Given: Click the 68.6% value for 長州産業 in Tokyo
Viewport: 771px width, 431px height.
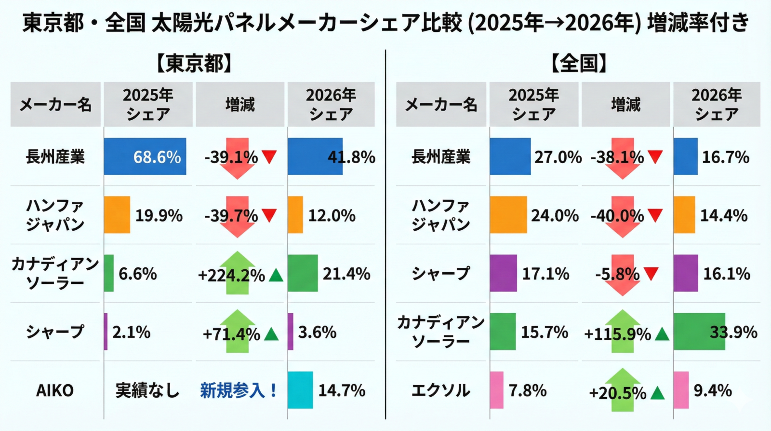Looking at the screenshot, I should tap(157, 157).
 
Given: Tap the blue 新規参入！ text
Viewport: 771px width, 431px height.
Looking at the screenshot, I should tap(239, 390).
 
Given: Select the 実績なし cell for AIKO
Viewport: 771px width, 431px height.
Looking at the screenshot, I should tap(147, 390).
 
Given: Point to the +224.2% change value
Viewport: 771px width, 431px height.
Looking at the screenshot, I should tap(232, 275).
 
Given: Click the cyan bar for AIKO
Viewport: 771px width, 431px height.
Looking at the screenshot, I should tap(300, 390).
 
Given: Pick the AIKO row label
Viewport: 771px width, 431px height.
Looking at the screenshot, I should tap(55, 390).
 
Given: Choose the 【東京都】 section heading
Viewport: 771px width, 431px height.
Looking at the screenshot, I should tap(195, 64).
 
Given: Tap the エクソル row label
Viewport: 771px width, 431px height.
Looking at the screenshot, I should tap(440, 390).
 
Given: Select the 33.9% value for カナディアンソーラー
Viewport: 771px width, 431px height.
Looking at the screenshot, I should tap(733, 332).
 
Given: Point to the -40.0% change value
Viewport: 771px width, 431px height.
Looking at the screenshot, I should tap(617, 216).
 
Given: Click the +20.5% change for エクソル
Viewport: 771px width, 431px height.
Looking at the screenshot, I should tap(618, 393).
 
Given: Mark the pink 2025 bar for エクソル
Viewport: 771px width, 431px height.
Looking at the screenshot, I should tap(497, 390).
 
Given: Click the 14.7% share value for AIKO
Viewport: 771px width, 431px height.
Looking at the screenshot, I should tap(342, 390).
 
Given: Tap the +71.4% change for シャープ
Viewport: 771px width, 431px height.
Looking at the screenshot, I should tap(232, 334).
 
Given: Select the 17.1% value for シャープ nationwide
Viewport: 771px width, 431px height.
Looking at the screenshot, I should tap(546, 274).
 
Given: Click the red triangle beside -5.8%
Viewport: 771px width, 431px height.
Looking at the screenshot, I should tap(651, 274).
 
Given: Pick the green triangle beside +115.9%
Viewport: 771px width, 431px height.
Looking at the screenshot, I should tap(662, 334).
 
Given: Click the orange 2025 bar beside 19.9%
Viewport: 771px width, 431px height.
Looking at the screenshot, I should tap(117, 215).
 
